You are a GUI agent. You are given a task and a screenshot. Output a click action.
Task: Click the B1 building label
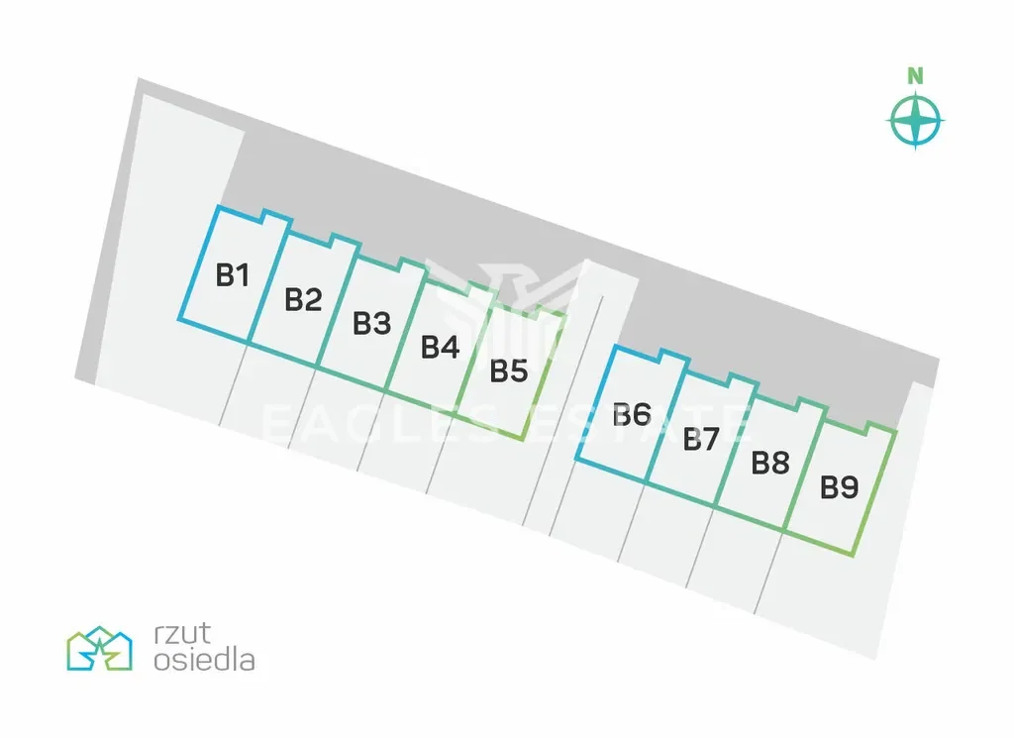(x=233, y=274)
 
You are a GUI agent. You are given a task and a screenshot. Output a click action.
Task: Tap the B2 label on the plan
(x=304, y=299)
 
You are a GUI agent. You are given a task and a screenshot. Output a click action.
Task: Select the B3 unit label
(x=372, y=323)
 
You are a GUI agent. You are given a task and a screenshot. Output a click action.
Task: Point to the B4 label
(x=441, y=348)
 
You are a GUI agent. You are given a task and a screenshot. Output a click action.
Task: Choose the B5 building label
(x=510, y=371)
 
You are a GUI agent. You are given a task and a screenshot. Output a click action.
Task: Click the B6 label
(x=632, y=414)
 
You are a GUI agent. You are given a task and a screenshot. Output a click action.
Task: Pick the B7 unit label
(x=700, y=439)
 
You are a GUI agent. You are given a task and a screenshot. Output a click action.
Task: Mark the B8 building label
(x=770, y=463)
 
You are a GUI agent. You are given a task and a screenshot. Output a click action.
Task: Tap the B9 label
(x=840, y=487)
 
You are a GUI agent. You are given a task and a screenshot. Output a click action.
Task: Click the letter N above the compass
(x=916, y=75)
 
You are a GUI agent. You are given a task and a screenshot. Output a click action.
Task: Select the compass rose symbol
(x=916, y=121)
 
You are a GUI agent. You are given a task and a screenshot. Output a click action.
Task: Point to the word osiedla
(x=204, y=659)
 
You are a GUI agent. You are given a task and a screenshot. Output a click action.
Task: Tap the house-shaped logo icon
(x=99, y=649)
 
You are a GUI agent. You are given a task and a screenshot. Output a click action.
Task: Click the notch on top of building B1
(x=275, y=216)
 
